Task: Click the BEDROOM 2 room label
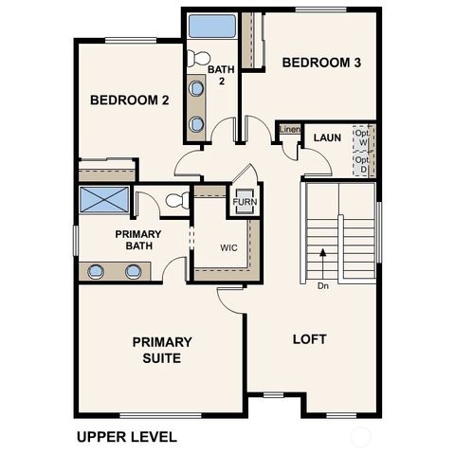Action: click(x=129, y=100)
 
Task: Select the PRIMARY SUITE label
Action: click(x=162, y=350)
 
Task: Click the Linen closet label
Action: click(x=289, y=129)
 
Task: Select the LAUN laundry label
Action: click(x=327, y=138)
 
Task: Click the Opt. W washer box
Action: click(x=362, y=138)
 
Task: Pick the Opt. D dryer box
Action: click(x=362, y=165)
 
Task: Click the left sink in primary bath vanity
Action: click(x=96, y=271)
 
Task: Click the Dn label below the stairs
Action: click(x=323, y=284)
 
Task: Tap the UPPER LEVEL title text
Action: click(x=125, y=438)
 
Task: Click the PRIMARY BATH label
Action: click(x=138, y=241)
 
